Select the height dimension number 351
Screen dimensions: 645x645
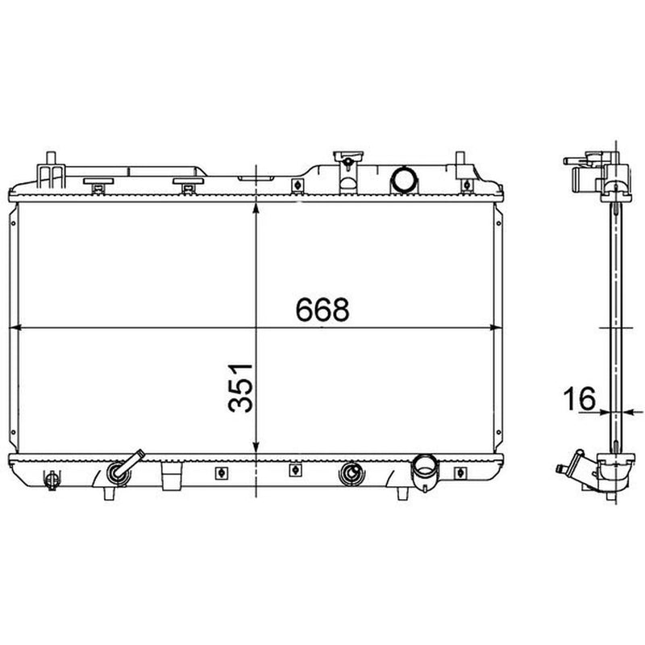coord(240,388)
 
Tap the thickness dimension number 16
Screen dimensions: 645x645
coord(579,398)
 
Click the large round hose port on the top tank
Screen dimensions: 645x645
coord(405,179)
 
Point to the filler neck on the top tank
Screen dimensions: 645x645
coord(348,172)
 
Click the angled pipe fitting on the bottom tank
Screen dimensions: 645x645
coord(123,468)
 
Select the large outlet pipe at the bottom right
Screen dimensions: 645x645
coord(425,472)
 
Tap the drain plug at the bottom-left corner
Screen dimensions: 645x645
coord(52,480)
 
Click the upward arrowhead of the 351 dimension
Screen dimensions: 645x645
coord(256,208)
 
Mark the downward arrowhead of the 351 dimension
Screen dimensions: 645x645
coord(256,448)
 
